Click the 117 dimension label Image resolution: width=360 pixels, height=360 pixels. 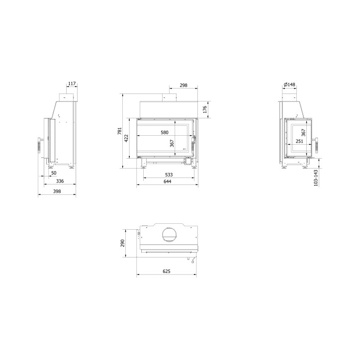72,84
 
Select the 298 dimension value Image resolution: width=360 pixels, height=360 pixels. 183,86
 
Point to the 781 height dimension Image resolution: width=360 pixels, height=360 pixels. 119,131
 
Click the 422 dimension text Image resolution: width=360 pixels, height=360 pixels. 126,137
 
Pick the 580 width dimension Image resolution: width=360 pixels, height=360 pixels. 165,132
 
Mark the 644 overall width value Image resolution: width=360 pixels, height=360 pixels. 167,181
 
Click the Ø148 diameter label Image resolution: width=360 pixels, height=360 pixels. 289,85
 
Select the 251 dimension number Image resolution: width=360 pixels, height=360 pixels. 299,141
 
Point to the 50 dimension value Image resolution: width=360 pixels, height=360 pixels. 53,174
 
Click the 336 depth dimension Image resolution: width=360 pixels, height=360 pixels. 60,181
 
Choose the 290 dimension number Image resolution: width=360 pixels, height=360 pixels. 122,243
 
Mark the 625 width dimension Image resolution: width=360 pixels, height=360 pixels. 167,271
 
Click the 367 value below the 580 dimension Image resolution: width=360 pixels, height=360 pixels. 172,143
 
